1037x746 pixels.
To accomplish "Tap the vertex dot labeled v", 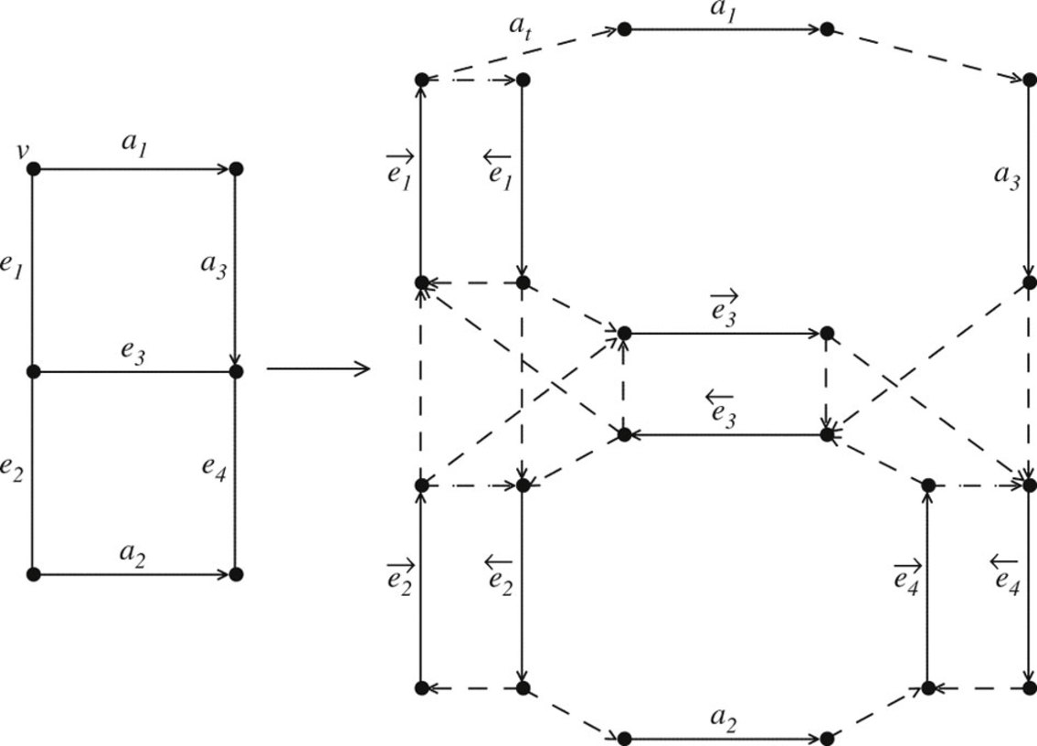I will click(34, 169).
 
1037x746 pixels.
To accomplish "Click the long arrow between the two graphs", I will click(317, 369).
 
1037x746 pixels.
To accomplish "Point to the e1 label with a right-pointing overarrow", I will click(399, 168).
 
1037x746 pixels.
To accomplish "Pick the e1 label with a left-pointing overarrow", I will click(499, 168).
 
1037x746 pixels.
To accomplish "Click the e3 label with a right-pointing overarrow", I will click(724, 308).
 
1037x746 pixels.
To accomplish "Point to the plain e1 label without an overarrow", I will click(13, 271).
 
